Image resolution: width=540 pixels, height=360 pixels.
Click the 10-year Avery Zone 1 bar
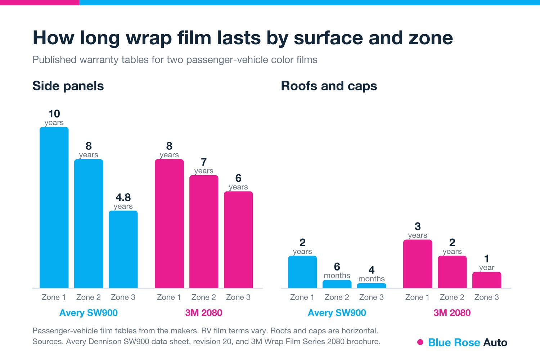[x=54, y=207]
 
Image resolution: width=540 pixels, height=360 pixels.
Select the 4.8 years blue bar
[x=123, y=249]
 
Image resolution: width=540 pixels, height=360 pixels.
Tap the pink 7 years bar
[x=204, y=231]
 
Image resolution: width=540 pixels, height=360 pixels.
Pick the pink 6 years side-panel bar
[x=238, y=240]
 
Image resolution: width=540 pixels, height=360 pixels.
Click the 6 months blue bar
[x=337, y=284]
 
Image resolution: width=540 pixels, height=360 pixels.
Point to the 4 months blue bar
[x=372, y=286]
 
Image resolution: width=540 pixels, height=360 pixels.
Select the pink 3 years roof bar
[x=418, y=264]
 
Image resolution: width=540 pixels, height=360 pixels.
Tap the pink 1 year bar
[x=487, y=280]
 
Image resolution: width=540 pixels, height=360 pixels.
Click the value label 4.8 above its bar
[x=123, y=198]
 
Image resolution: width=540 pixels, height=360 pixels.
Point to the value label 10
[x=54, y=114]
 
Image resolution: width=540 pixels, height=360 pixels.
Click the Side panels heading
[x=68, y=86]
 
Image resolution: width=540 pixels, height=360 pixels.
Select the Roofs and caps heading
[x=329, y=86]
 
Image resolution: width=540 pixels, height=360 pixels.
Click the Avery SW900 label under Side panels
[x=89, y=313]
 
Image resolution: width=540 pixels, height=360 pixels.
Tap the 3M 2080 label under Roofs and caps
[x=452, y=313]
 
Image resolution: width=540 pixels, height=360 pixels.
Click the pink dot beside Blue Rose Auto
[x=420, y=342]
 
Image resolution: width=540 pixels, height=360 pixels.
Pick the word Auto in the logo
[x=495, y=342]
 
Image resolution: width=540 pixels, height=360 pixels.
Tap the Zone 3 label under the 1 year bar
[x=486, y=297]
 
